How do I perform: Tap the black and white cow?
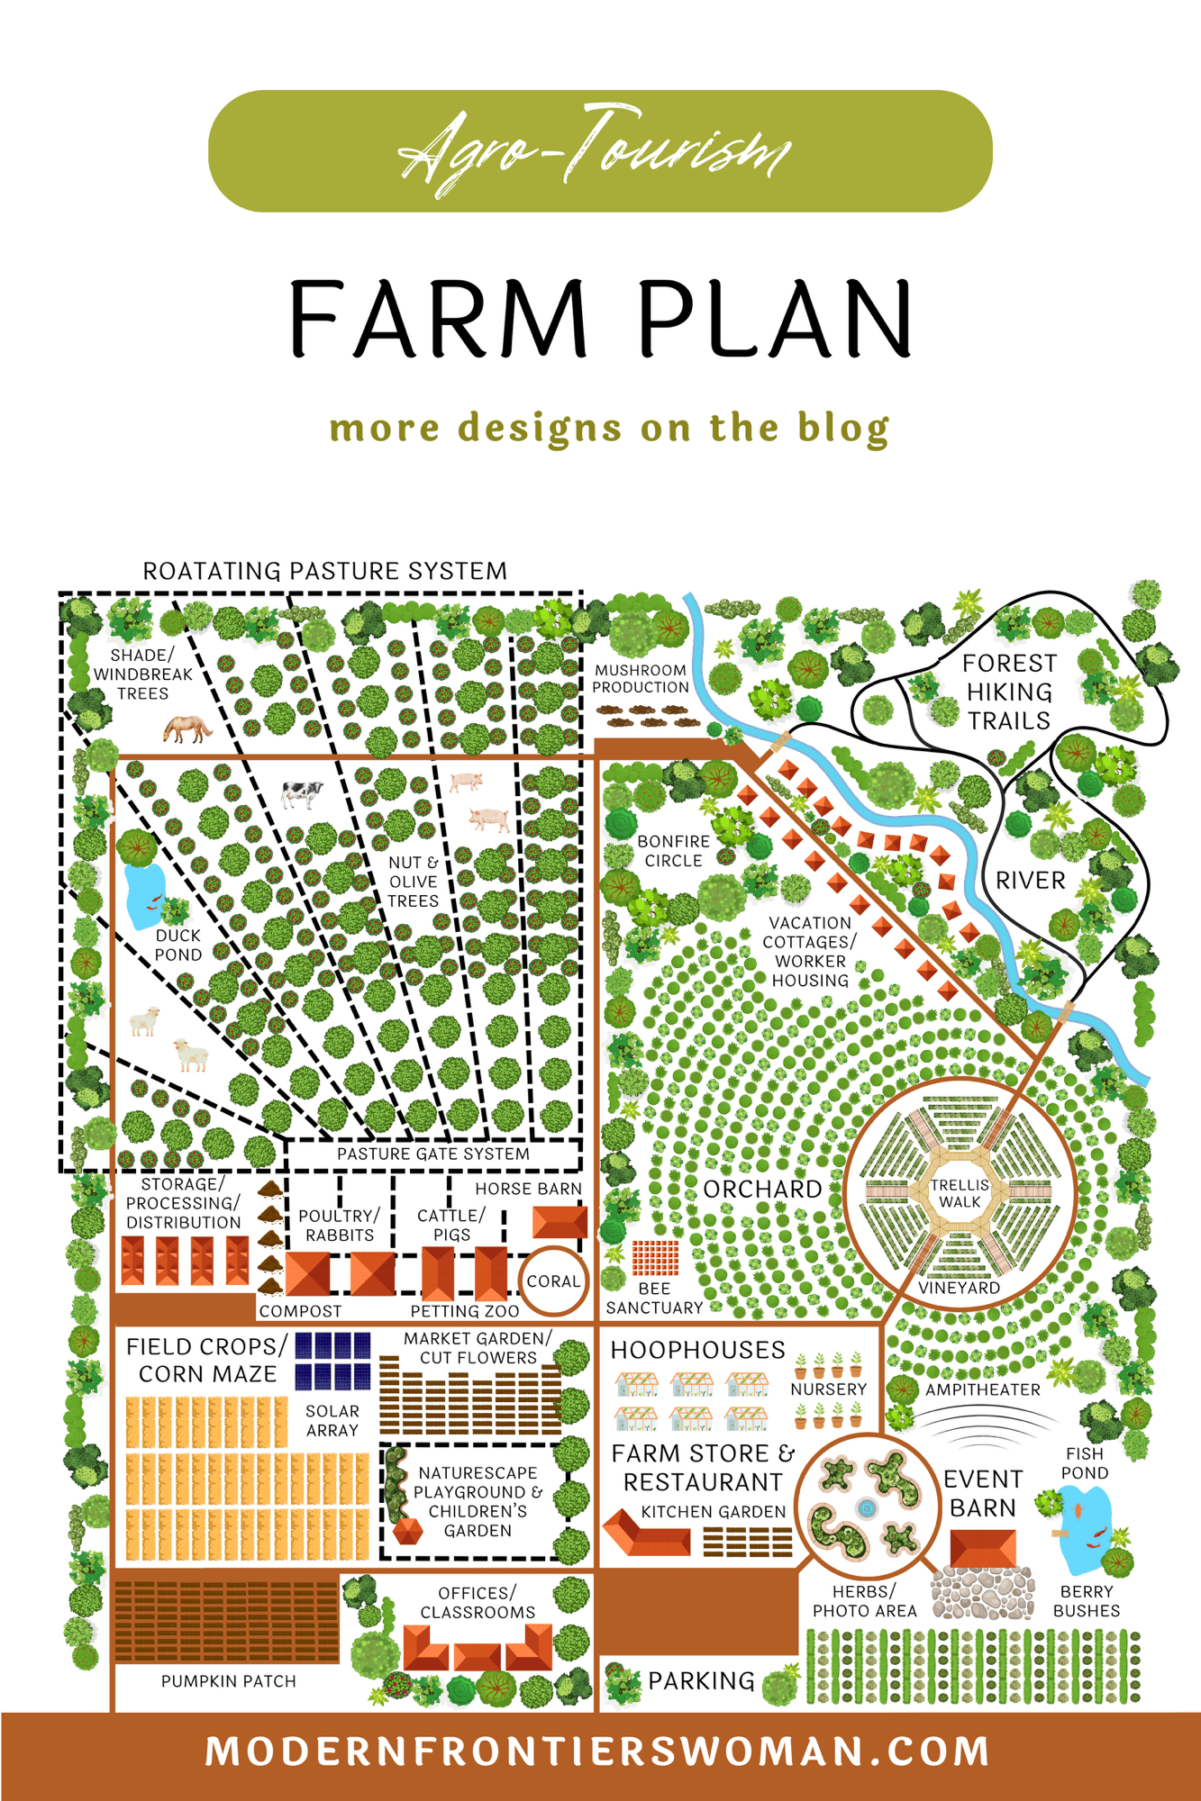[302, 793]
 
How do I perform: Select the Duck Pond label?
[178, 945]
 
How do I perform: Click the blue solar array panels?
[332, 1360]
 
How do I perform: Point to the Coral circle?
[553, 1281]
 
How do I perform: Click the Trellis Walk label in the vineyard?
[960, 1193]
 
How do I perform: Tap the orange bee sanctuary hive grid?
[655, 1257]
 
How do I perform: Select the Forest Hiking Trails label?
[1009, 692]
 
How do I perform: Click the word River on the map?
[1030, 880]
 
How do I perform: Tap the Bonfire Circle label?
[673, 851]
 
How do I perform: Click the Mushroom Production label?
[641, 678]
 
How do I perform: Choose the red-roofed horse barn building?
[560, 1222]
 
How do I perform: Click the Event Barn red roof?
[983, 1549]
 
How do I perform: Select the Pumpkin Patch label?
[228, 1681]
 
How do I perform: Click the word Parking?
[701, 1680]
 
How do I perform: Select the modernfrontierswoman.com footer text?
[598, 1751]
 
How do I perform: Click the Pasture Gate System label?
[432, 1154]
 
